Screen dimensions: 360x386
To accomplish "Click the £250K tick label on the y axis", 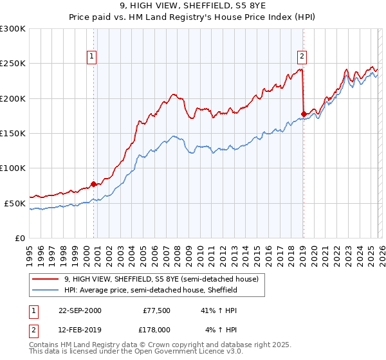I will (x=13, y=64).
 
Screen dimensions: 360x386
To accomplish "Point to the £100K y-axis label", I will (x=13, y=168).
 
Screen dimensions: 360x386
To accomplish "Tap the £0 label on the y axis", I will (x=20, y=238).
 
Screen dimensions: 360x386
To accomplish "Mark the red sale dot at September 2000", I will (x=94, y=184).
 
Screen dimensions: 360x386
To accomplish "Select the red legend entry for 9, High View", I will (x=161, y=279).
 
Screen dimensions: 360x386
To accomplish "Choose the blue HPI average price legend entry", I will (x=151, y=290).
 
